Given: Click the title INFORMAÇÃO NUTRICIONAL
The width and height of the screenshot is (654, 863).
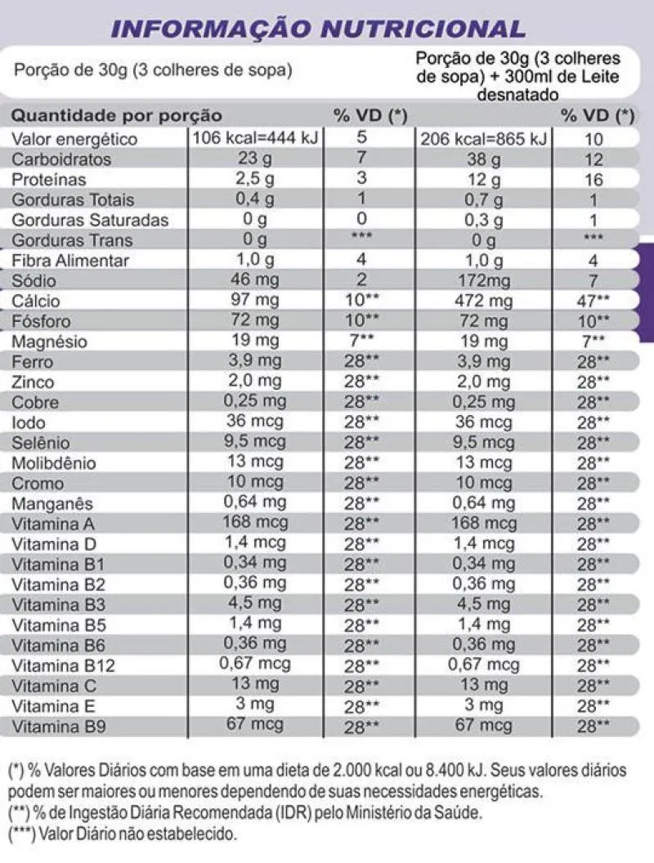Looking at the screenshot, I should coord(319,29).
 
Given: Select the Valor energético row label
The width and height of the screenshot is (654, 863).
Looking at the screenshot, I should coord(74,139).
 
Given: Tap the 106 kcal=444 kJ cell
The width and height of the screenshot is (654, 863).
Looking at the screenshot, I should coord(267,137).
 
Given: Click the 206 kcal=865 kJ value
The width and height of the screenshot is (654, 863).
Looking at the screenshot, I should coord(496,139).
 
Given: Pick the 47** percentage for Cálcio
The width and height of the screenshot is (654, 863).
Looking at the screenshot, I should coord(594,302).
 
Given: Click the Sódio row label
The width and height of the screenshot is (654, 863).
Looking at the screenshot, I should coord(34,281).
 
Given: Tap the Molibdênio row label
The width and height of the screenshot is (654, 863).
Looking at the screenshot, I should coord(54,463).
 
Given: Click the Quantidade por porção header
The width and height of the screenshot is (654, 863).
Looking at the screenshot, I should coord(116,115).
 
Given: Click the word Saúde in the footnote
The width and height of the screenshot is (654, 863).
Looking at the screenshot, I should coord(462,814).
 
